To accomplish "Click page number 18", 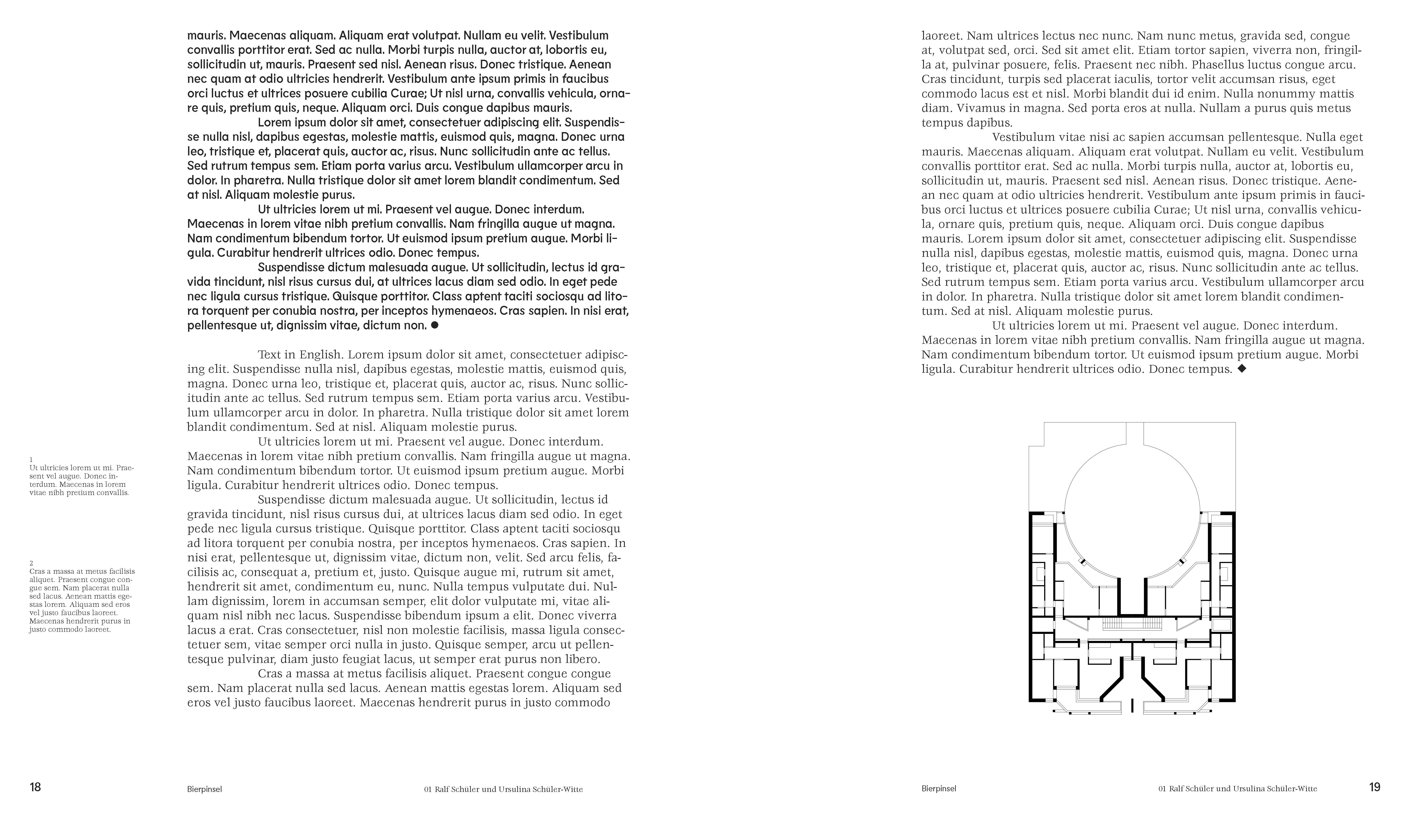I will click(x=35, y=787).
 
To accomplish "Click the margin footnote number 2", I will click(x=31, y=563).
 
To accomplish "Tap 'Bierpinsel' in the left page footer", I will click(x=205, y=789).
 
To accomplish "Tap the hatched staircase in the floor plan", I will click(x=1132, y=623).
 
